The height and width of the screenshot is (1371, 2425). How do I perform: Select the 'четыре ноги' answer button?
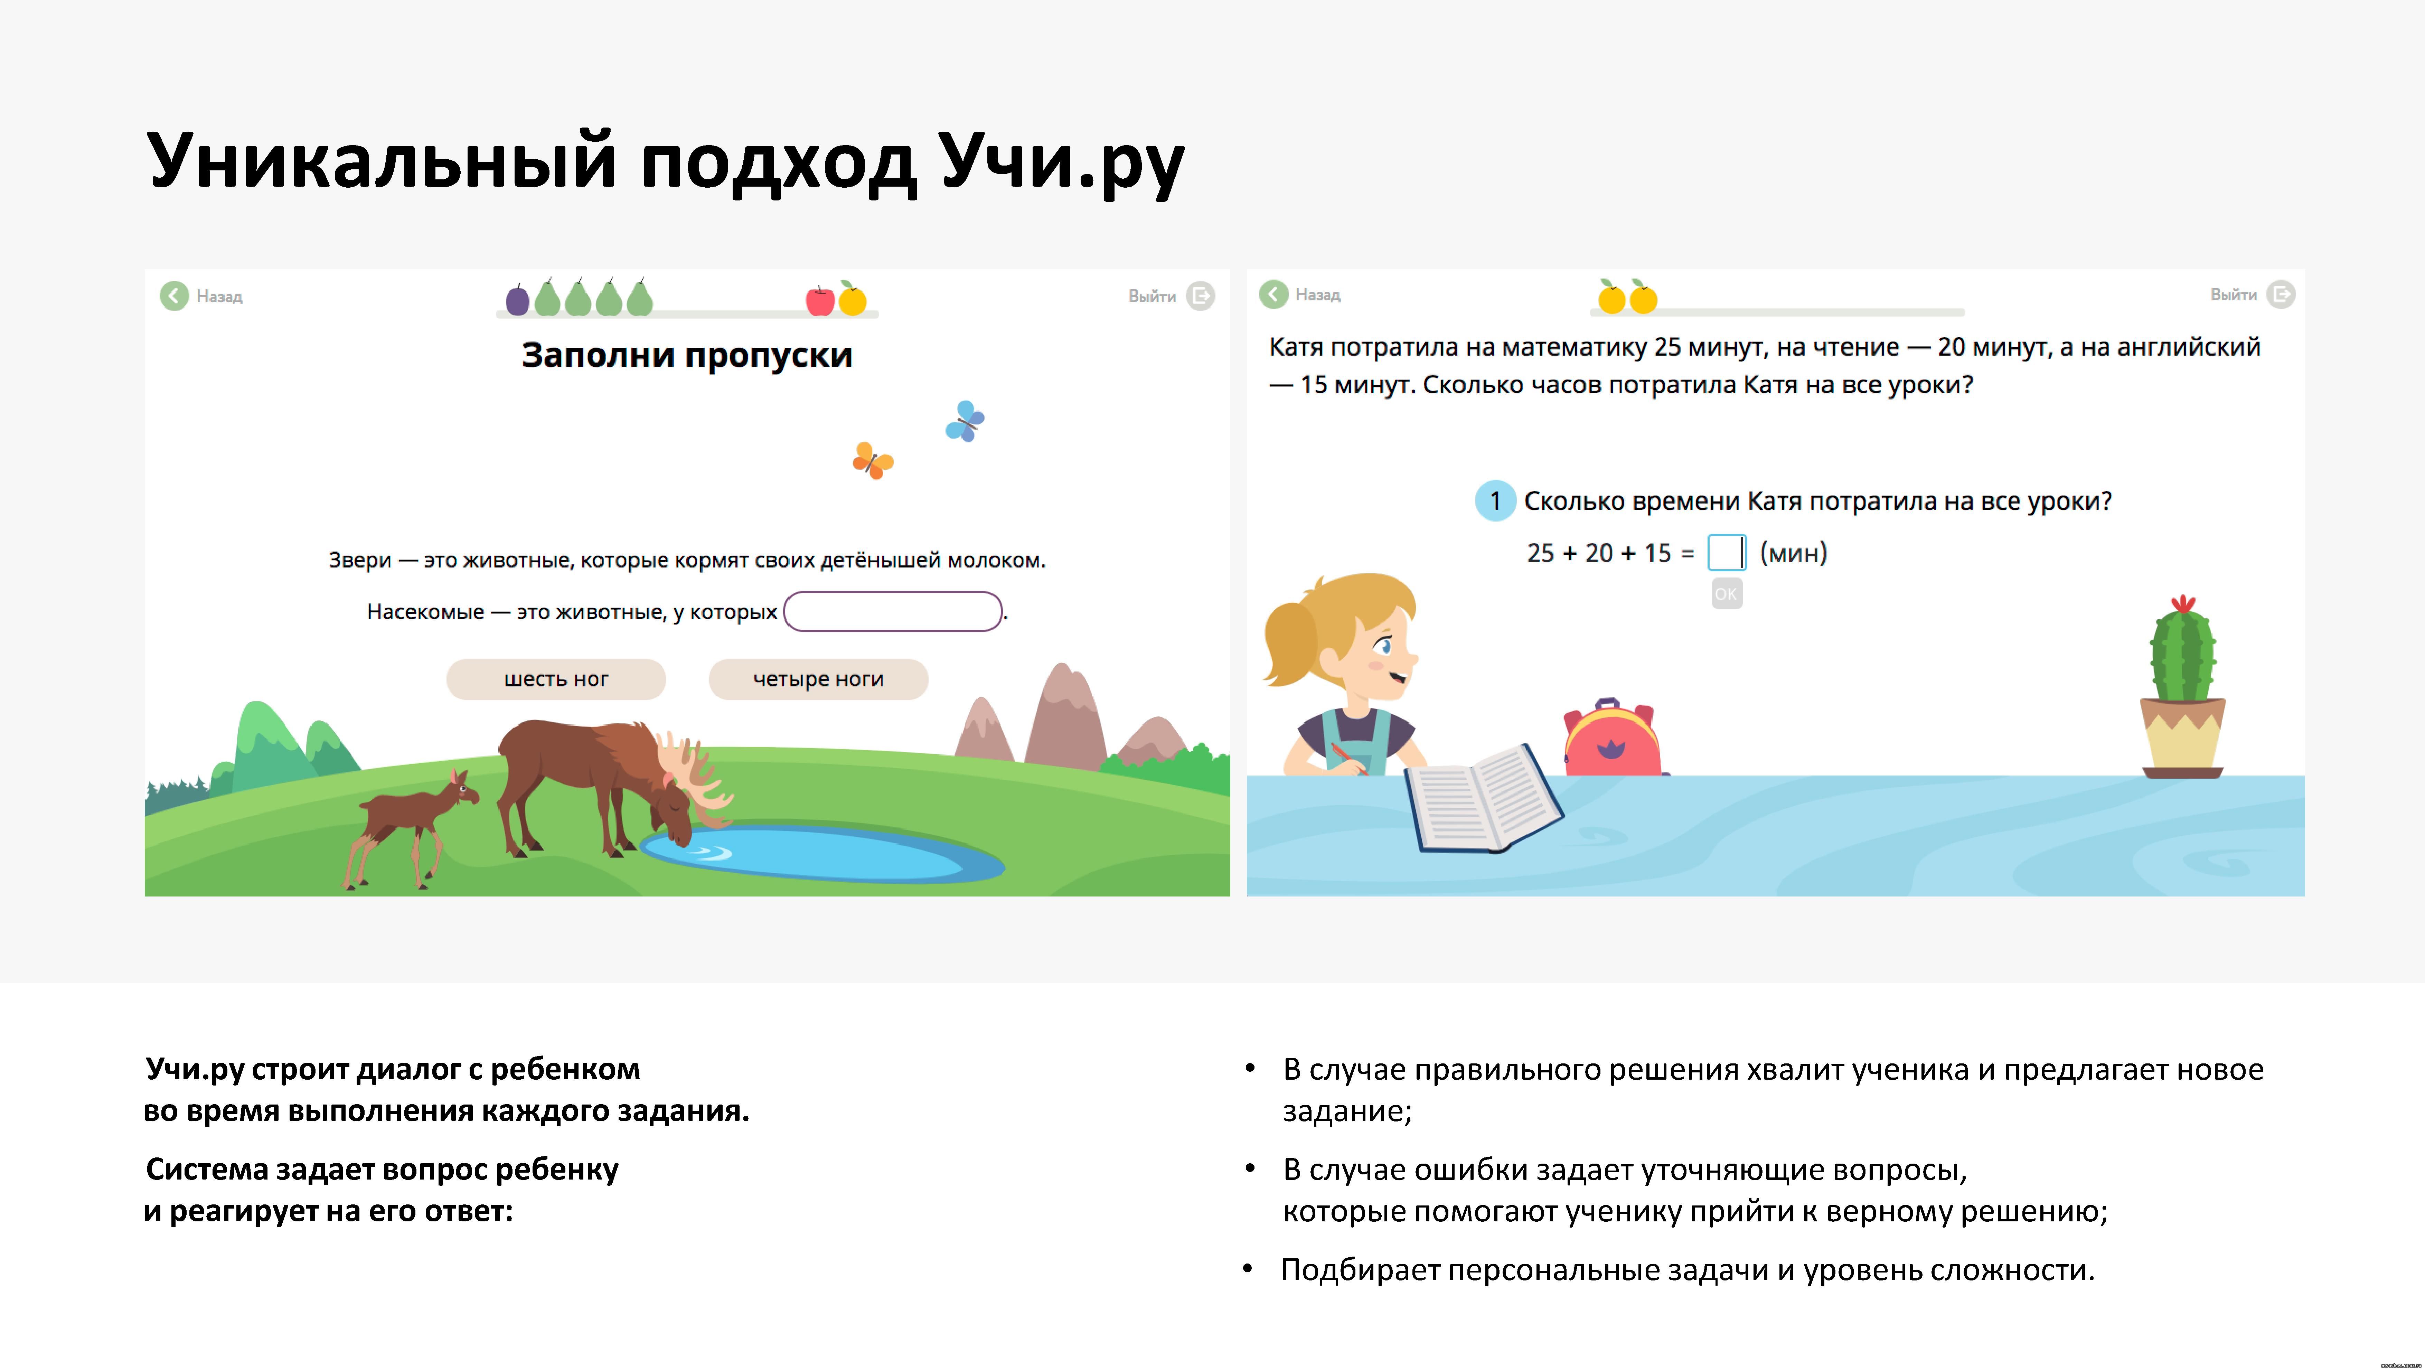point(818,679)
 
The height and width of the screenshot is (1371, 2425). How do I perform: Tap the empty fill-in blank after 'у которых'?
point(892,611)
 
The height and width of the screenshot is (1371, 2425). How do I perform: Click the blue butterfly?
point(965,421)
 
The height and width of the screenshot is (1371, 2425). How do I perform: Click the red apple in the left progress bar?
point(820,299)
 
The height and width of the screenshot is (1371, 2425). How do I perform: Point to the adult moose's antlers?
point(697,772)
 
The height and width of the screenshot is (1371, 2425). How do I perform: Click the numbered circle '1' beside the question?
point(1495,501)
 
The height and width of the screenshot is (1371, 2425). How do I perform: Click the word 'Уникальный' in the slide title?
point(382,160)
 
